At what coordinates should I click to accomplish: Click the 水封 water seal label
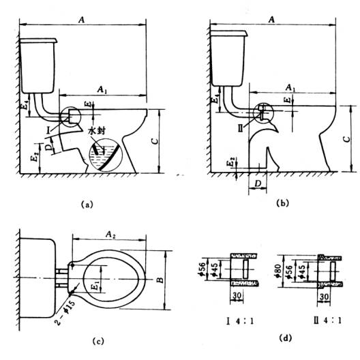(97, 131)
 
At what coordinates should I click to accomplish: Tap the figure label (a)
(87, 204)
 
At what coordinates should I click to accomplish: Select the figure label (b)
(283, 203)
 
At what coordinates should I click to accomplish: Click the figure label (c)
(97, 341)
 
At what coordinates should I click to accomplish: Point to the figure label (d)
(286, 337)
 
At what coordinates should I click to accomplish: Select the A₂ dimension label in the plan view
(110, 235)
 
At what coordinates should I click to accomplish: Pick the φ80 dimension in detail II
(278, 271)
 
